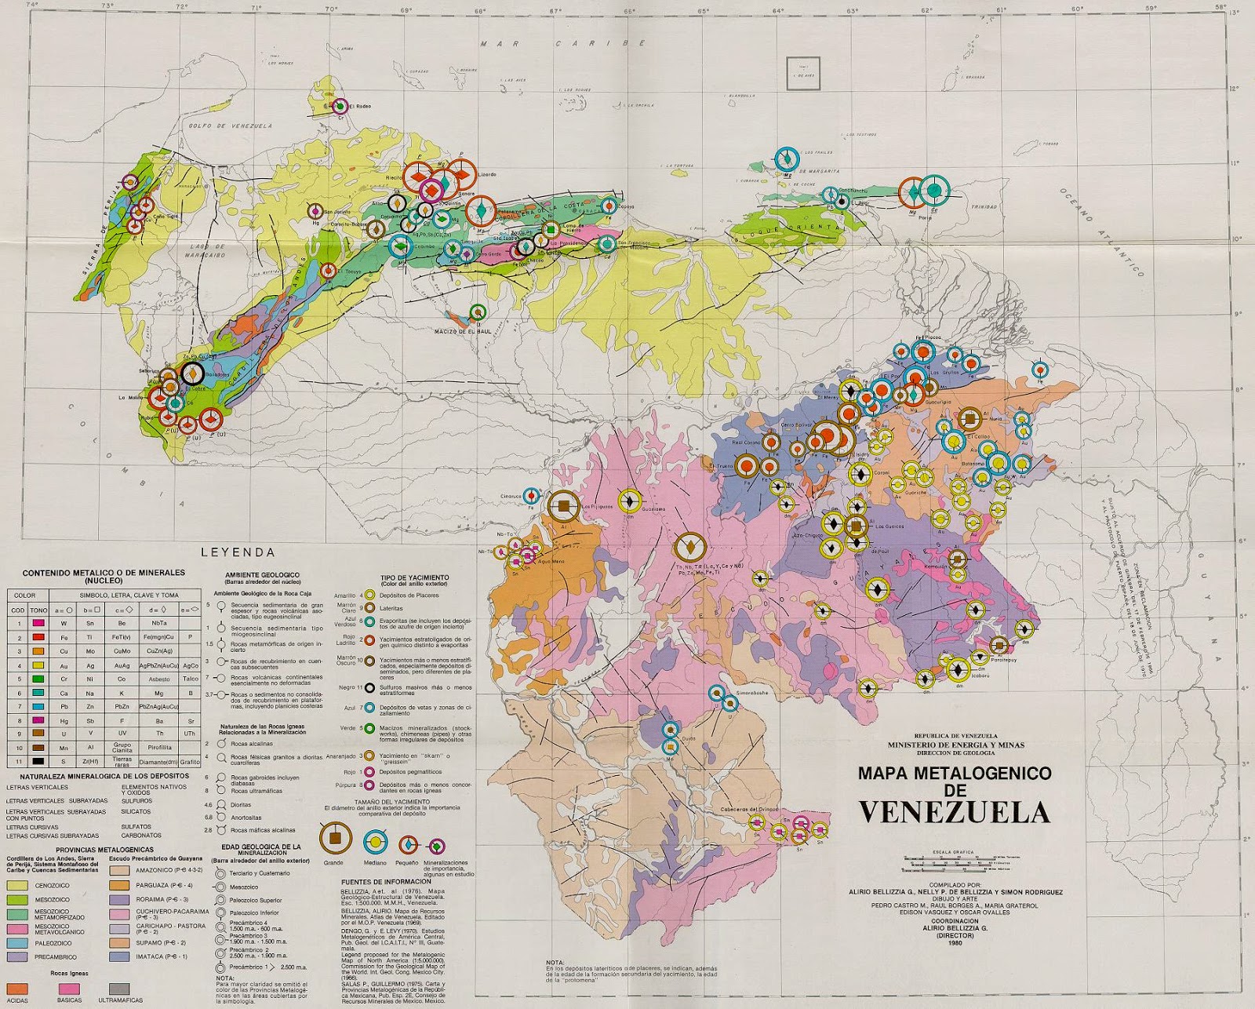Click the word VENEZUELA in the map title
954,813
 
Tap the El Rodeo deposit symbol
340,106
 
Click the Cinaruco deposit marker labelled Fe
531,496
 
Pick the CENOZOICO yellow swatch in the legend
17,885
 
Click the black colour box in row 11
38,761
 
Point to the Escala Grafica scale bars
953,863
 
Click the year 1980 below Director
954,943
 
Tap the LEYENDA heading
238,552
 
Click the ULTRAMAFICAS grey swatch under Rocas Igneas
118,989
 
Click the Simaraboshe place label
751,694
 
